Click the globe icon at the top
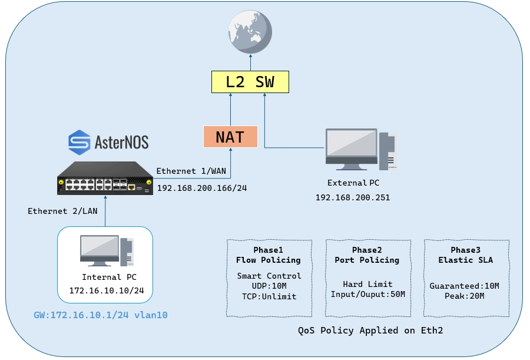250,32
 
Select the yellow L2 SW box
250,82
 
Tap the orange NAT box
230,137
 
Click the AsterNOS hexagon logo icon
79,143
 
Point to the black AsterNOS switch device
105,179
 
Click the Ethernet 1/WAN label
191,171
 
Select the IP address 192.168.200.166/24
202,188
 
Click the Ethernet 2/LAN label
62,211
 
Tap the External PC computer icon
361,149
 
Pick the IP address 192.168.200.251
353,197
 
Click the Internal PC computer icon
107,250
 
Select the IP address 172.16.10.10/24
107,290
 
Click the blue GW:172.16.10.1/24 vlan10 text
101,315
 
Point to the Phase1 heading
269,250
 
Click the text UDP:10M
269,286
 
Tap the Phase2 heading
367,250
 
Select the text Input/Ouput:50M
367,295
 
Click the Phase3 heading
465,250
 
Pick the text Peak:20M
465,296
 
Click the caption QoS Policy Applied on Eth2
370,330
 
